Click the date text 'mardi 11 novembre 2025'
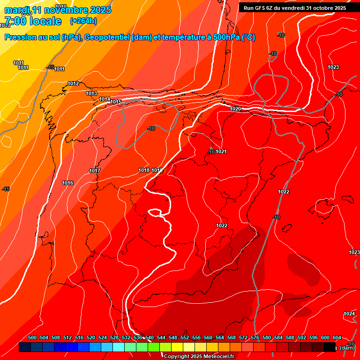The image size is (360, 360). (x=58, y=10)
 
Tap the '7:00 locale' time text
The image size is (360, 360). (x=32, y=21)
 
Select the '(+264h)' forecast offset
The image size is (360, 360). (x=83, y=21)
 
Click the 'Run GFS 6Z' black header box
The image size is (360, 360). (x=295, y=7)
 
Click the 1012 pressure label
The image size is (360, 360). (x=73, y=83)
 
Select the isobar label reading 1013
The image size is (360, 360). (x=92, y=93)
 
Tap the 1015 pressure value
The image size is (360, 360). (x=116, y=102)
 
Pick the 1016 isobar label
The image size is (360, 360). (x=67, y=183)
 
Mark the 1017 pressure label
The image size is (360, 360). (x=95, y=171)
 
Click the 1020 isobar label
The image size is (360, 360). (x=235, y=109)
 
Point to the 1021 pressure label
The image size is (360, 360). (x=221, y=151)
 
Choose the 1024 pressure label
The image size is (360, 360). (x=349, y=314)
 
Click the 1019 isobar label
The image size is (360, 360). (x=157, y=170)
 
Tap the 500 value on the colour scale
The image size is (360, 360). (x=32, y=337)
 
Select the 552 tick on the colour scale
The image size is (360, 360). (x=185, y=337)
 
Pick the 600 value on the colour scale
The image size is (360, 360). (x=325, y=337)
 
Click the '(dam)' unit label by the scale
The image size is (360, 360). (x=347, y=347)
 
